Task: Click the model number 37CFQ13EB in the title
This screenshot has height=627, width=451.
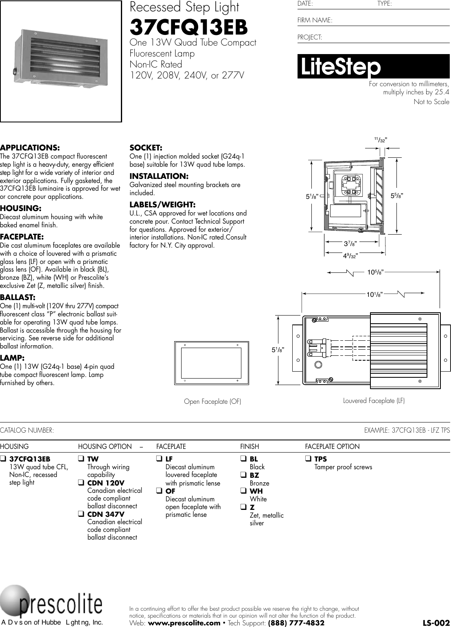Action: [x=188, y=28]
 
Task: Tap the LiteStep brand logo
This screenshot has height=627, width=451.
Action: [x=339, y=67]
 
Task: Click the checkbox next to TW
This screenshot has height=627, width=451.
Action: [x=81, y=459]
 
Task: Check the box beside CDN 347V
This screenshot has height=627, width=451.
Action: [x=81, y=514]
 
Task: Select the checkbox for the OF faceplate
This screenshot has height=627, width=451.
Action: [x=159, y=491]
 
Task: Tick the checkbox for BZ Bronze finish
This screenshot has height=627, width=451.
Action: [x=243, y=475]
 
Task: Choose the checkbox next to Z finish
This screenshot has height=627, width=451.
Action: [x=243, y=507]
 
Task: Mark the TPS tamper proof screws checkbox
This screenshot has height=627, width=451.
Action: [x=308, y=459]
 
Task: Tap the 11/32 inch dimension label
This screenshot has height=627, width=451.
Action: [x=381, y=140]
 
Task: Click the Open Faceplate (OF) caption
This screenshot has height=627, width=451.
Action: [x=212, y=402]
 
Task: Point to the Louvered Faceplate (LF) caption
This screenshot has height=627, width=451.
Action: [x=374, y=401]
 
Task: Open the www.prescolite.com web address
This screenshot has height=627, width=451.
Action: [x=184, y=623]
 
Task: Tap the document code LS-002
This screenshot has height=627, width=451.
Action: [x=436, y=623]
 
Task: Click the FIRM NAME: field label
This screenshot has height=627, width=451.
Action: [x=315, y=20]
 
